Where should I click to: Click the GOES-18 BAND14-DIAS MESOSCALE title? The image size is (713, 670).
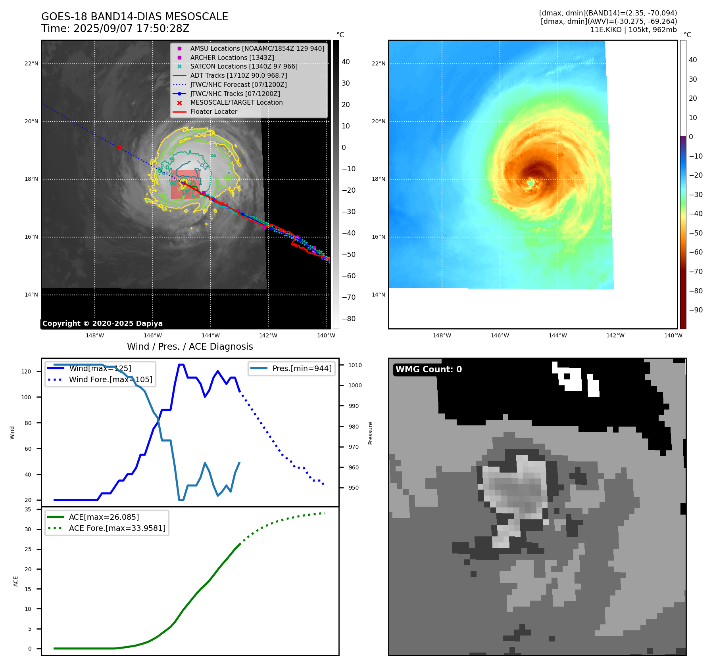135,17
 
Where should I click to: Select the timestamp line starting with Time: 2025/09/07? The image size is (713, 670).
115,29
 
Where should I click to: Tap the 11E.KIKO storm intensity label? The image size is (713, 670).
633,30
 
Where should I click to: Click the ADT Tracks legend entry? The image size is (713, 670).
238,75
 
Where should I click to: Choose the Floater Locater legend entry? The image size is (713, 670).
213,112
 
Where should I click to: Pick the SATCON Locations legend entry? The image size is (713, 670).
244,67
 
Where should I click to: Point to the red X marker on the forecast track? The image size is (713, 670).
120,147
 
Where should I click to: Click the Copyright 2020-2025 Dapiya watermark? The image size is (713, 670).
102,324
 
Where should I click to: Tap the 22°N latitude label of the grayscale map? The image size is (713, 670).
32,63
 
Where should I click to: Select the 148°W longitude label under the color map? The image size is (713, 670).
442,335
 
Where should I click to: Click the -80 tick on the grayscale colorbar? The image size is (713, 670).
349,319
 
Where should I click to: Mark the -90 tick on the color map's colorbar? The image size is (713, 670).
696,310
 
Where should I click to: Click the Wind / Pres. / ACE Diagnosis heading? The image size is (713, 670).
190,346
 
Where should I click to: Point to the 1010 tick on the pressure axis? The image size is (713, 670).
355,365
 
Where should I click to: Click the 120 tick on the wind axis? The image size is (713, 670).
26,371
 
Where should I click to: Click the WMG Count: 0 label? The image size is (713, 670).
429,369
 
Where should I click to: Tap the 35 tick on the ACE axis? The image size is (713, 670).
28,509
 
